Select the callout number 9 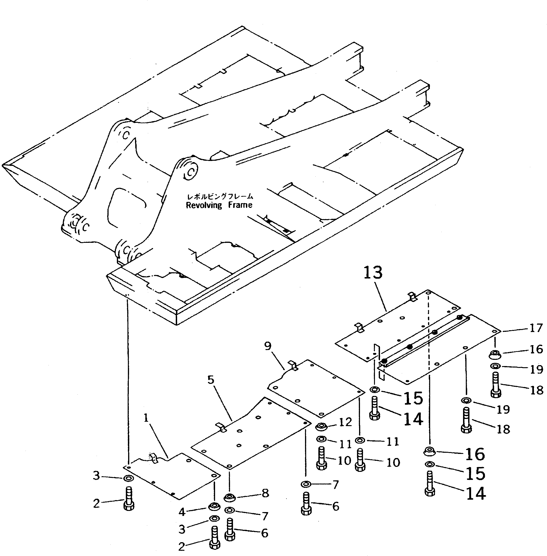pos(268,346)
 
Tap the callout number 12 pos(345,422)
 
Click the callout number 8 pos(265,493)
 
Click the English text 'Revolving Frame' pos(219,205)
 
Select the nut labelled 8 pos(229,497)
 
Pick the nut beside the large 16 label pos(430,451)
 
